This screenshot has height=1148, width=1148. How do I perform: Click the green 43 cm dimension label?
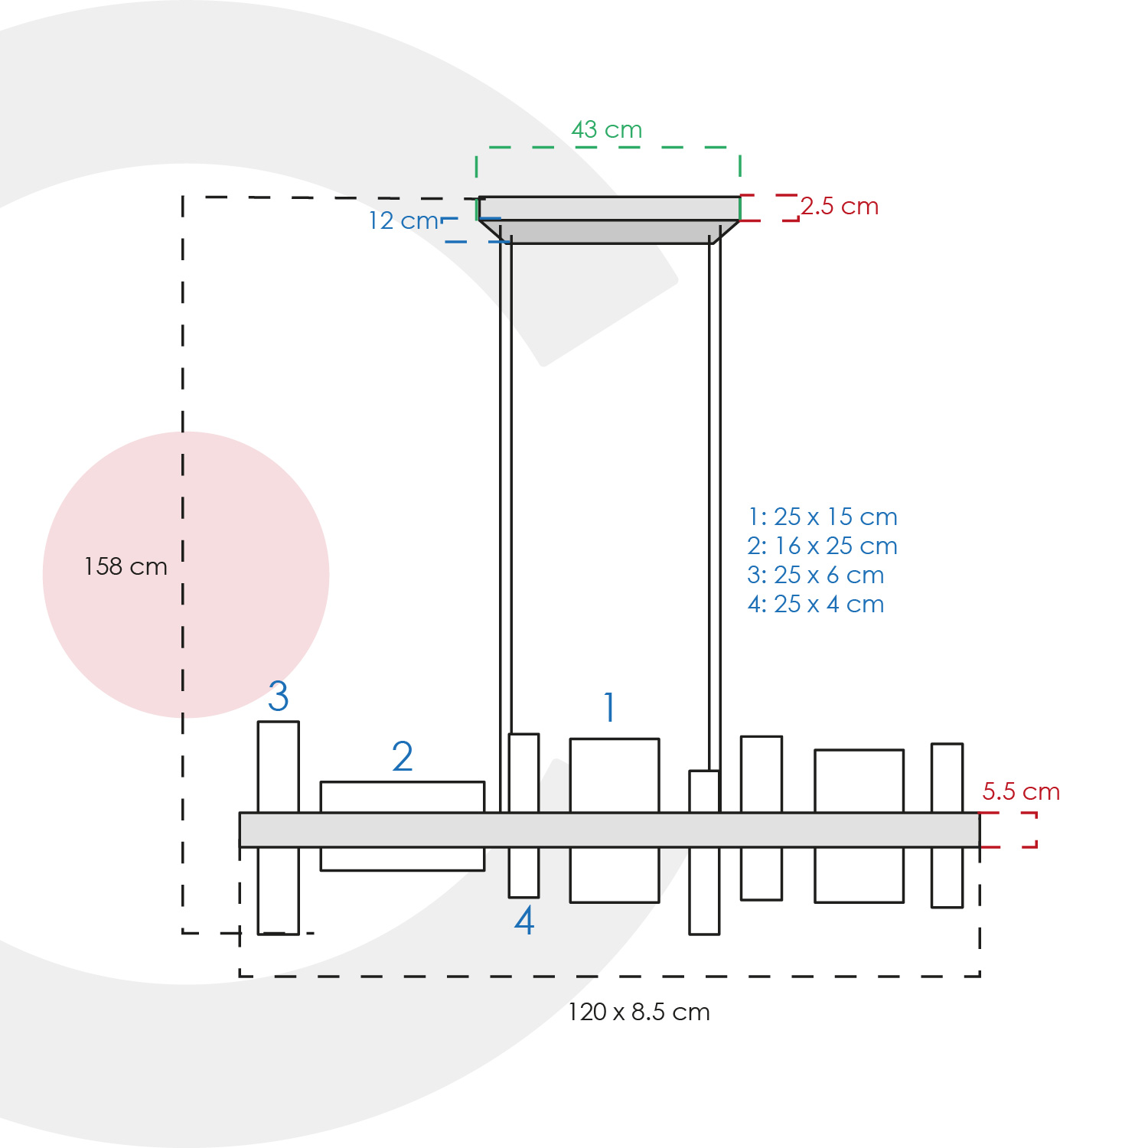tap(607, 130)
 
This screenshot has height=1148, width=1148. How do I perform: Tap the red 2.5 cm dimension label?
tap(840, 207)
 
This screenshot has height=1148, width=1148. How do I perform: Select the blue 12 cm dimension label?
tap(404, 221)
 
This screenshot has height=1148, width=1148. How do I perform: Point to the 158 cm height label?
tap(126, 566)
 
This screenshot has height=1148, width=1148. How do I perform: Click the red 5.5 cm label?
tap(1021, 791)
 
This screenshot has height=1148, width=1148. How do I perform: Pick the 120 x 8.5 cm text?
tap(639, 1012)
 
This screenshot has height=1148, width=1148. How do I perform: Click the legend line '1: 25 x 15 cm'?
tap(823, 517)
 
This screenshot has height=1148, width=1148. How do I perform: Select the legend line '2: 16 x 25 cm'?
tap(823, 546)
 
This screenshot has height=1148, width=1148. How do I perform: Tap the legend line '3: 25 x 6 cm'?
tap(816, 575)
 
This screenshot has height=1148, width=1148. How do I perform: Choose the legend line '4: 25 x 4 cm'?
tap(816, 604)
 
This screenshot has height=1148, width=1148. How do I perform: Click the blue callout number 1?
tap(609, 707)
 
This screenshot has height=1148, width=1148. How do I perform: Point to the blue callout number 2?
tap(403, 757)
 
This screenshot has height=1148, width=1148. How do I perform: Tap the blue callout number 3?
tap(279, 696)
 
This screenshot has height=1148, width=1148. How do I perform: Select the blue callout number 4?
tap(524, 921)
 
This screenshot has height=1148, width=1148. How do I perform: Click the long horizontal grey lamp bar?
tap(609, 830)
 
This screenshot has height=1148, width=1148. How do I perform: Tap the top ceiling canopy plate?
tap(609, 208)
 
